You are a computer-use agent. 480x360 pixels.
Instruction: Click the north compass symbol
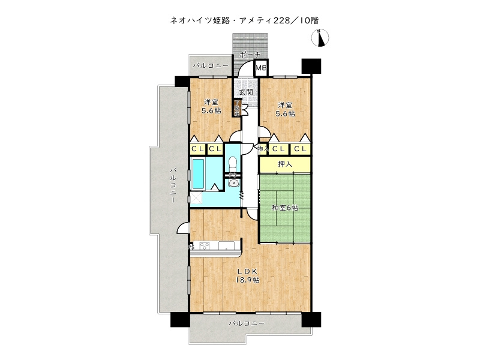coord(320,39)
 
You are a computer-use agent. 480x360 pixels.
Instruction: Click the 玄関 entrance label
coord(245,92)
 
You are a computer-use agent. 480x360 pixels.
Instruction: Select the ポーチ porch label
coord(250,55)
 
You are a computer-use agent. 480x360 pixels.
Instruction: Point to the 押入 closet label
coord(285,163)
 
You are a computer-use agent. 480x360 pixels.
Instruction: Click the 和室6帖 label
coord(285,208)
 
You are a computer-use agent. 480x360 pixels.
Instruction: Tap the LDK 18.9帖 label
coord(246,275)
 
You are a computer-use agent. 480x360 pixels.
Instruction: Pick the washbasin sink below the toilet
coord(233,184)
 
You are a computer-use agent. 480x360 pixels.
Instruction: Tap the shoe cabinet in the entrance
coord(238,109)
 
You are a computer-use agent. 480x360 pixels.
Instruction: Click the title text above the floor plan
coord(244,20)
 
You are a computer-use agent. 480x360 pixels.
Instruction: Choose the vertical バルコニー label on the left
coord(173,186)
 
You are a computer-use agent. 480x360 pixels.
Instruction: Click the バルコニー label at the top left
coord(210,65)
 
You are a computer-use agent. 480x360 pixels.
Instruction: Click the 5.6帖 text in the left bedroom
coord(211,111)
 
